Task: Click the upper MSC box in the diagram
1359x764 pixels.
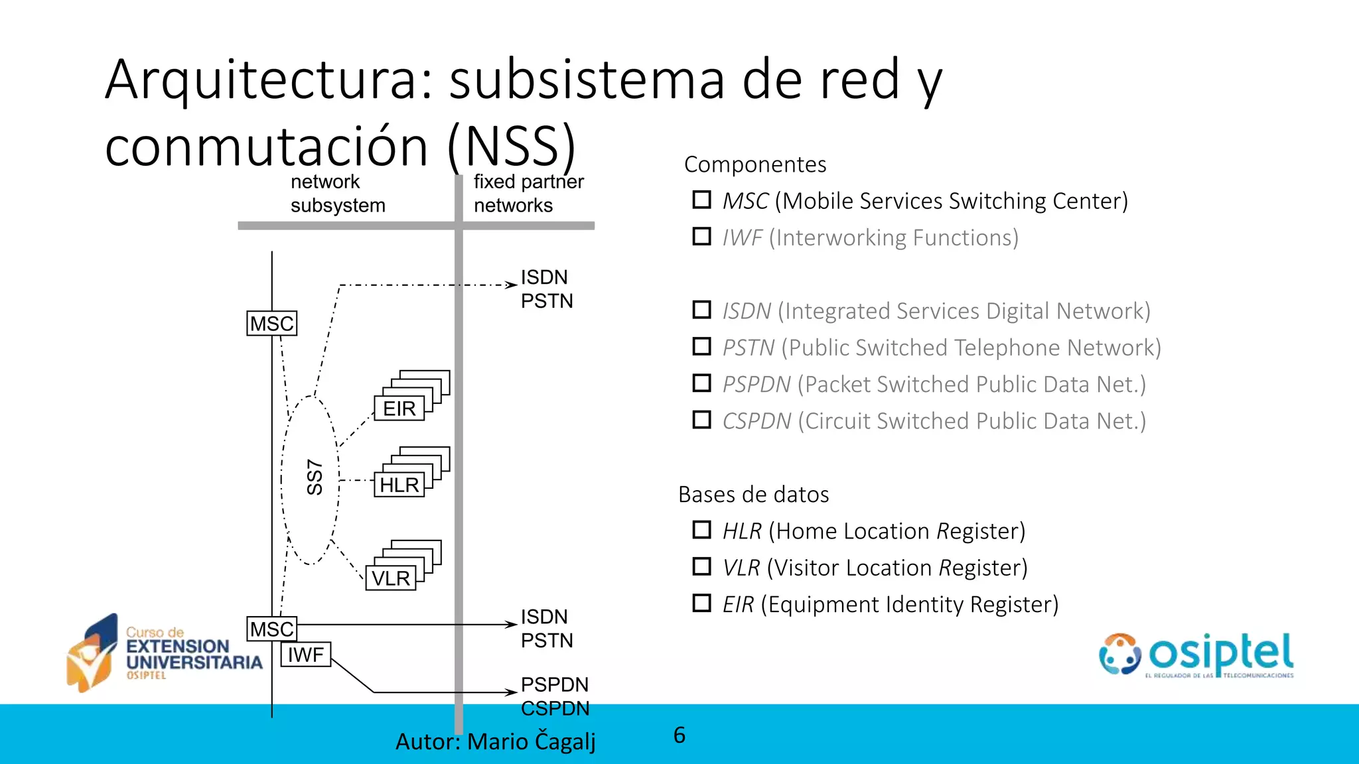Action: click(x=271, y=324)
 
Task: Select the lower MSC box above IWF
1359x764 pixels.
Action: click(x=271, y=629)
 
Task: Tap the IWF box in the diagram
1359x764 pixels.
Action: click(x=305, y=655)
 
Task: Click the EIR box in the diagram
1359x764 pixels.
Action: click(x=399, y=409)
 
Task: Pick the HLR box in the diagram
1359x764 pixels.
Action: click(x=399, y=485)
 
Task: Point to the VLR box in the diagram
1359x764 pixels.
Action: click(x=391, y=578)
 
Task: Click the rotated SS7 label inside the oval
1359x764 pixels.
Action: click(x=315, y=477)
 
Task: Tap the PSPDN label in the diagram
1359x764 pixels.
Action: click(x=554, y=684)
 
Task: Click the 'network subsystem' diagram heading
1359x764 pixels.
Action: click(x=338, y=194)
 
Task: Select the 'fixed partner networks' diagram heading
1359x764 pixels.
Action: click(x=528, y=194)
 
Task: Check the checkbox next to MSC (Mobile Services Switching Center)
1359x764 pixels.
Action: click(x=701, y=200)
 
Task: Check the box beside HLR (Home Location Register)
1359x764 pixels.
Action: click(x=701, y=530)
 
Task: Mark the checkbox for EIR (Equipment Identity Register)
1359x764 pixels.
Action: click(x=701, y=604)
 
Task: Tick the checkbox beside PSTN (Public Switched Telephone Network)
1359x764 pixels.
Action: click(x=701, y=346)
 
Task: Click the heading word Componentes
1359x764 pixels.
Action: click(x=755, y=164)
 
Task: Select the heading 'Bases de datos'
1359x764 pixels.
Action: click(x=753, y=495)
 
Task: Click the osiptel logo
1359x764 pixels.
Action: click(x=1196, y=655)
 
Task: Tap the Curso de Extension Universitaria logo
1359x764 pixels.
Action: click(x=165, y=653)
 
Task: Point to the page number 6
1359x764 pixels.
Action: click(x=679, y=735)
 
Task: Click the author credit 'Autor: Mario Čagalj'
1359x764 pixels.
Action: click(x=495, y=741)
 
